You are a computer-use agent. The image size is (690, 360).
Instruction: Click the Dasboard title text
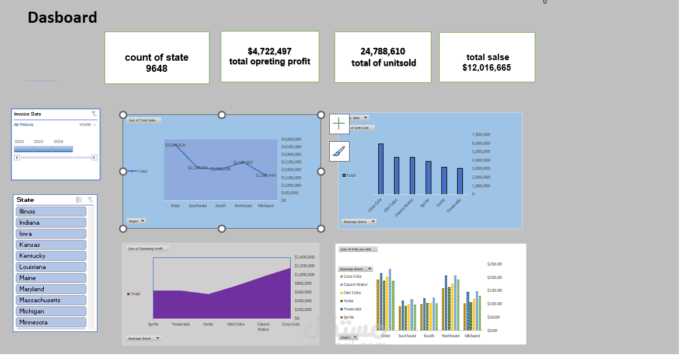(62, 18)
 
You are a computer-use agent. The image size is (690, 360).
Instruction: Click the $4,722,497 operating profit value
(270, 51)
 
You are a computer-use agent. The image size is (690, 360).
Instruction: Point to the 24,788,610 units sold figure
(383, 51)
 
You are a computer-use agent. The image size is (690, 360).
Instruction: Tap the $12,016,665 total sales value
(487, 68)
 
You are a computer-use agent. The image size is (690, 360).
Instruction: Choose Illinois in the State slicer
(51, 211)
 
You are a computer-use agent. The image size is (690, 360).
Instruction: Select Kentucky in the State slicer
(51, 256)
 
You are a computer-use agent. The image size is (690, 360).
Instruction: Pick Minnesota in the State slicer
(51, 322)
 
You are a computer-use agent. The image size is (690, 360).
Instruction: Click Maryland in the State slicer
(51, 289)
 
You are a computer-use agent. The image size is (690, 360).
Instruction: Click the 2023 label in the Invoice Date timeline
(39, 141)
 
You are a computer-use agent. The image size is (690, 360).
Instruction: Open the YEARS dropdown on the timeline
(88, 125)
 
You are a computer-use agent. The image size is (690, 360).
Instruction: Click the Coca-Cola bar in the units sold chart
(381, 169)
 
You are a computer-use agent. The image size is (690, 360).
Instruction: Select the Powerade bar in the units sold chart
(460, 181)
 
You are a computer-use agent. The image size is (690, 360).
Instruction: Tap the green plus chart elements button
(339, 124)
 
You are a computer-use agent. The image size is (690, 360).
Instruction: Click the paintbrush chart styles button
(339, 152)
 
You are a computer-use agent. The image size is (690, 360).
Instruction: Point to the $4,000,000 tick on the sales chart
(291, 139)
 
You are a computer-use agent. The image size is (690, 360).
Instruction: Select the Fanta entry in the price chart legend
(349, 301)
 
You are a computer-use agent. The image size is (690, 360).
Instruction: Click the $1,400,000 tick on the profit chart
(304, 257)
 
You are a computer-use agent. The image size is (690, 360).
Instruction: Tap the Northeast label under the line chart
(243, 205)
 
